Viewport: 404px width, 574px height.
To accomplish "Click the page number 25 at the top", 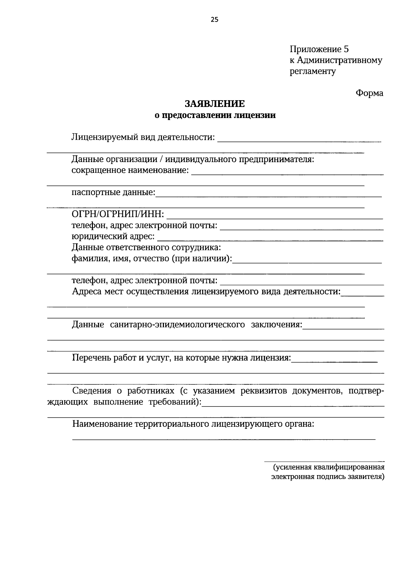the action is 214,20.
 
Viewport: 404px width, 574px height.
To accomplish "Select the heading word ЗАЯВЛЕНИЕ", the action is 214,104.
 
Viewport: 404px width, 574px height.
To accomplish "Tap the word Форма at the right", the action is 369,93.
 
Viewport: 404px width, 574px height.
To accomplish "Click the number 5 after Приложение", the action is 346,49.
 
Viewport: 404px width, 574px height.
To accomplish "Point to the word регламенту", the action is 313,71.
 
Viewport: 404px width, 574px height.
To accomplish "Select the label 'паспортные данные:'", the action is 113,193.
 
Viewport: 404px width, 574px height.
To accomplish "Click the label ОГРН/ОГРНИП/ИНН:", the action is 118,214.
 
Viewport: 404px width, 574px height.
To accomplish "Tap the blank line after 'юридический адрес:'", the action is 270,240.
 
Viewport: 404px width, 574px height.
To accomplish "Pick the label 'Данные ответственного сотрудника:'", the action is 146,248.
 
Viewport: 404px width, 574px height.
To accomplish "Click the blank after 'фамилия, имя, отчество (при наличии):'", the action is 307,262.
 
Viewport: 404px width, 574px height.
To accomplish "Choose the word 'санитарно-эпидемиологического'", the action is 177,325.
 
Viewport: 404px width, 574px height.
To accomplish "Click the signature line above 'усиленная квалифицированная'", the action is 324,461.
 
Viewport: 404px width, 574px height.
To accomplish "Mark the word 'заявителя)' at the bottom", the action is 366,476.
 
